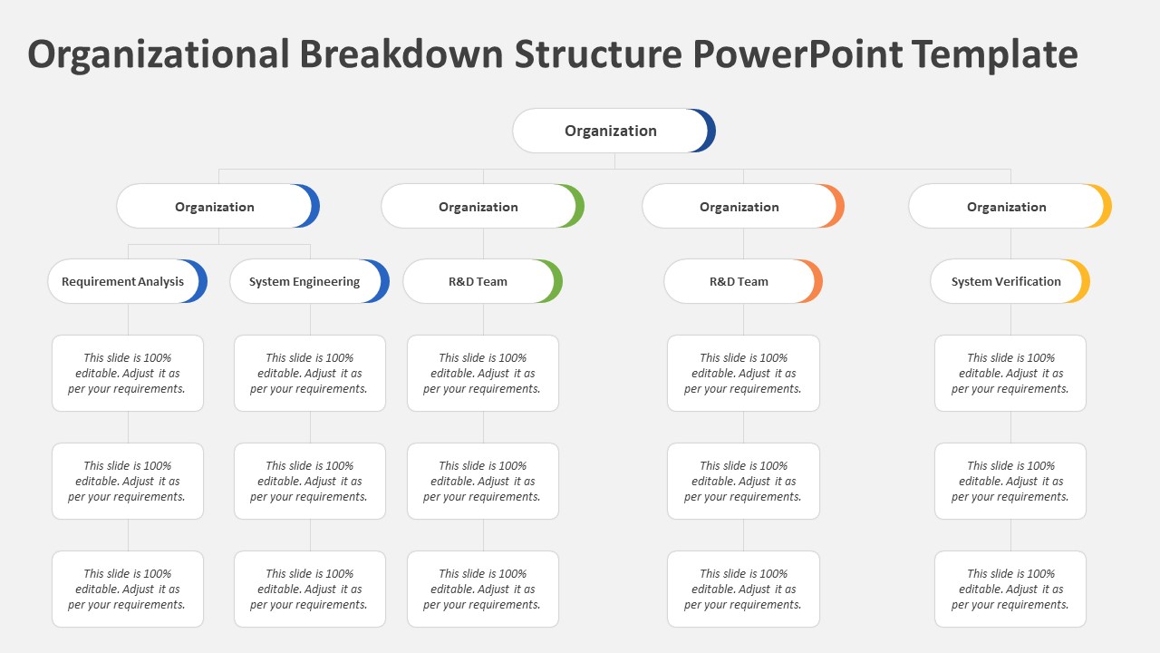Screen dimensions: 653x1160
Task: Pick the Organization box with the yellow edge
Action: (x=1008, y=207)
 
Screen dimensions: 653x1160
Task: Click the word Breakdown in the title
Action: (x=401, y=54)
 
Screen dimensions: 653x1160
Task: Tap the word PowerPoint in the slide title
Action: (x=797, y=54)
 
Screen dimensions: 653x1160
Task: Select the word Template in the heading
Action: (x=994, y=54)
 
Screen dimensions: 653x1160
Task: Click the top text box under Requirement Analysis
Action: (x=128, y=373)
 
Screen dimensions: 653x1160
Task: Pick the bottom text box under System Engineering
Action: (x=310, y=589)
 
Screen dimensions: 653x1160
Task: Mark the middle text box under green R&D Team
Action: (x=483, y=481)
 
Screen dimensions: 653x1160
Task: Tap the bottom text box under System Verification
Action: (x=1010, y=589)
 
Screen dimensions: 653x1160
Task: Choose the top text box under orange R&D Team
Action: (x=743, y=373)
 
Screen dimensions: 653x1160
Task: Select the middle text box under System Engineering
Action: (x=310, y=481)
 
